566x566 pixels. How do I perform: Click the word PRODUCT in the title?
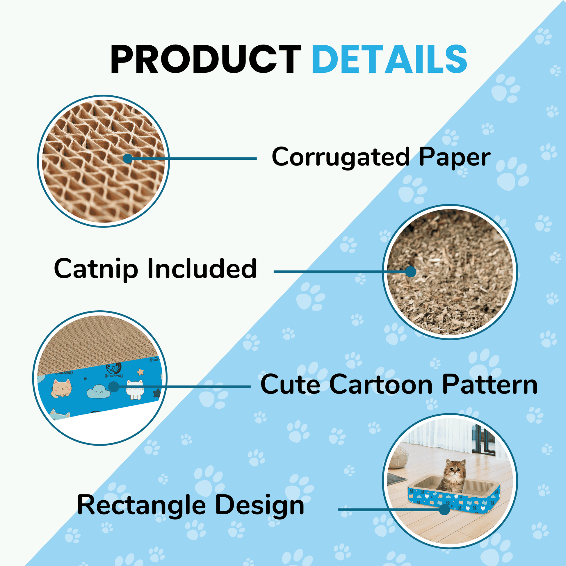tap(206, 59)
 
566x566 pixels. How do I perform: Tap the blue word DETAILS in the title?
tap(389, 59)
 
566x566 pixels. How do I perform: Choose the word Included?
tap(202, 268)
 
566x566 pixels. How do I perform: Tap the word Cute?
tap(290, 384)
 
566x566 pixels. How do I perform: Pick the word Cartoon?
tap(380, 384)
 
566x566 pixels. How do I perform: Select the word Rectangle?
tap(141, 506)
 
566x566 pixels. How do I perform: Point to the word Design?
tap(260, 506)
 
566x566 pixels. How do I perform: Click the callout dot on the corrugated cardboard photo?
tap(128, 159)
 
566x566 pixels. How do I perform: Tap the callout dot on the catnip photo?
tap(411, 272)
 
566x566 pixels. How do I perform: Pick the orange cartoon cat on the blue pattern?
tap(62, 389)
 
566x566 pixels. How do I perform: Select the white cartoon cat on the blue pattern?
tap(135, 390)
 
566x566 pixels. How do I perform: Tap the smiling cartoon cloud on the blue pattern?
tap(98, 392)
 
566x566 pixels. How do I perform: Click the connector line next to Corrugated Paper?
tap(192, 159)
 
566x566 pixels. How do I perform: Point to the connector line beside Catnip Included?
tap(342, 272)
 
